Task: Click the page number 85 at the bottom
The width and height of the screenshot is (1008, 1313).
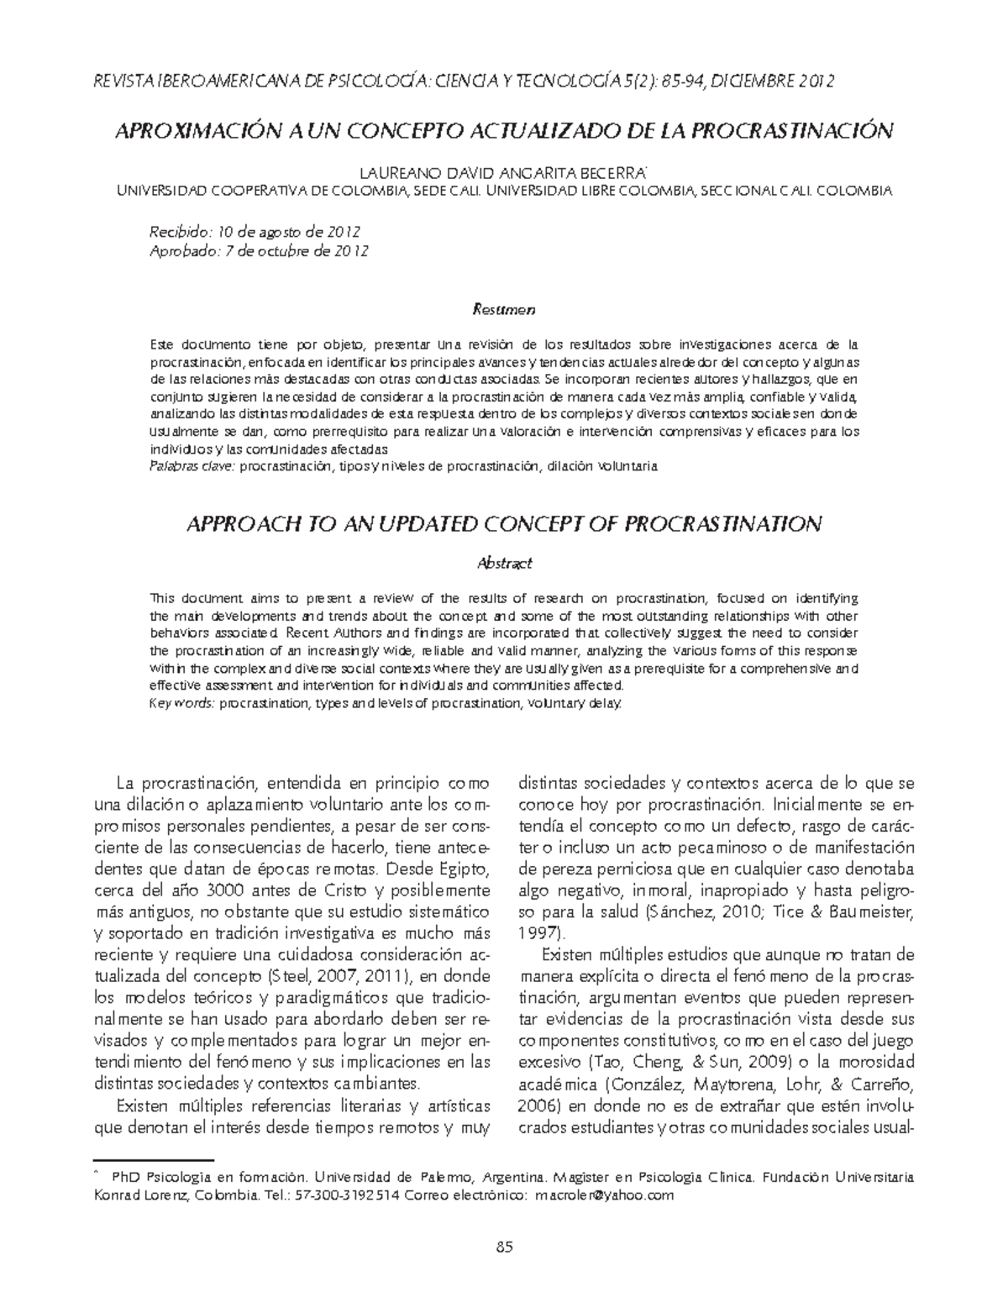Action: (504, 1247)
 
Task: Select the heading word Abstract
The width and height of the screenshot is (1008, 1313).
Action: (504, 563)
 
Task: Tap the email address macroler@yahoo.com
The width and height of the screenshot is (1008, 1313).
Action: (604, 1195)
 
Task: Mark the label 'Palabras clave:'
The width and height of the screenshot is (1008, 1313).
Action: (191, 465)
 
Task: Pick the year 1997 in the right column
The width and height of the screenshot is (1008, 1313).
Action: (538, 932)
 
